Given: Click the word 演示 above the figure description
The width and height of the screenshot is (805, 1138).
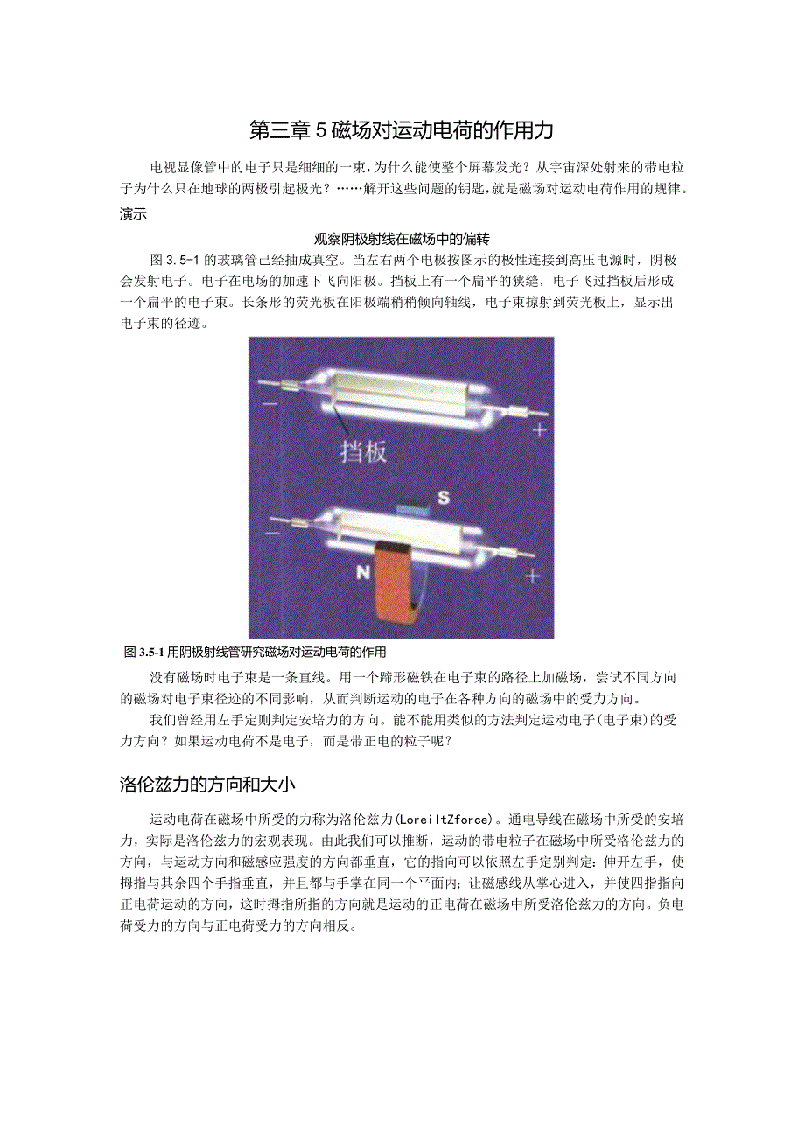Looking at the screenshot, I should [133, 214].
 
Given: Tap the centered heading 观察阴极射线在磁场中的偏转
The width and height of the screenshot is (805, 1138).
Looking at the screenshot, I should [406, 238].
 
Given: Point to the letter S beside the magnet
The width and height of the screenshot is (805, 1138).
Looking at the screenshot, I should [444, 498].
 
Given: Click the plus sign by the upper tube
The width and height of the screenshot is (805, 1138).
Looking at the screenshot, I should [539, 429].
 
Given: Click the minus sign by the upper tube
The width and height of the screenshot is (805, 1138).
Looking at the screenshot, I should [269, 404].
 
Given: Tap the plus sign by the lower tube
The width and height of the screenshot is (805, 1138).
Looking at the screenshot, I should [533, 576].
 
